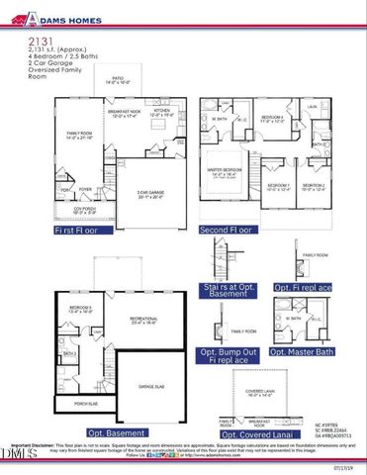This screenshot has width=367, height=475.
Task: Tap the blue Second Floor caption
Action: (230, 230)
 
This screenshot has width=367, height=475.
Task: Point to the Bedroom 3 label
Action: (279, 185)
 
